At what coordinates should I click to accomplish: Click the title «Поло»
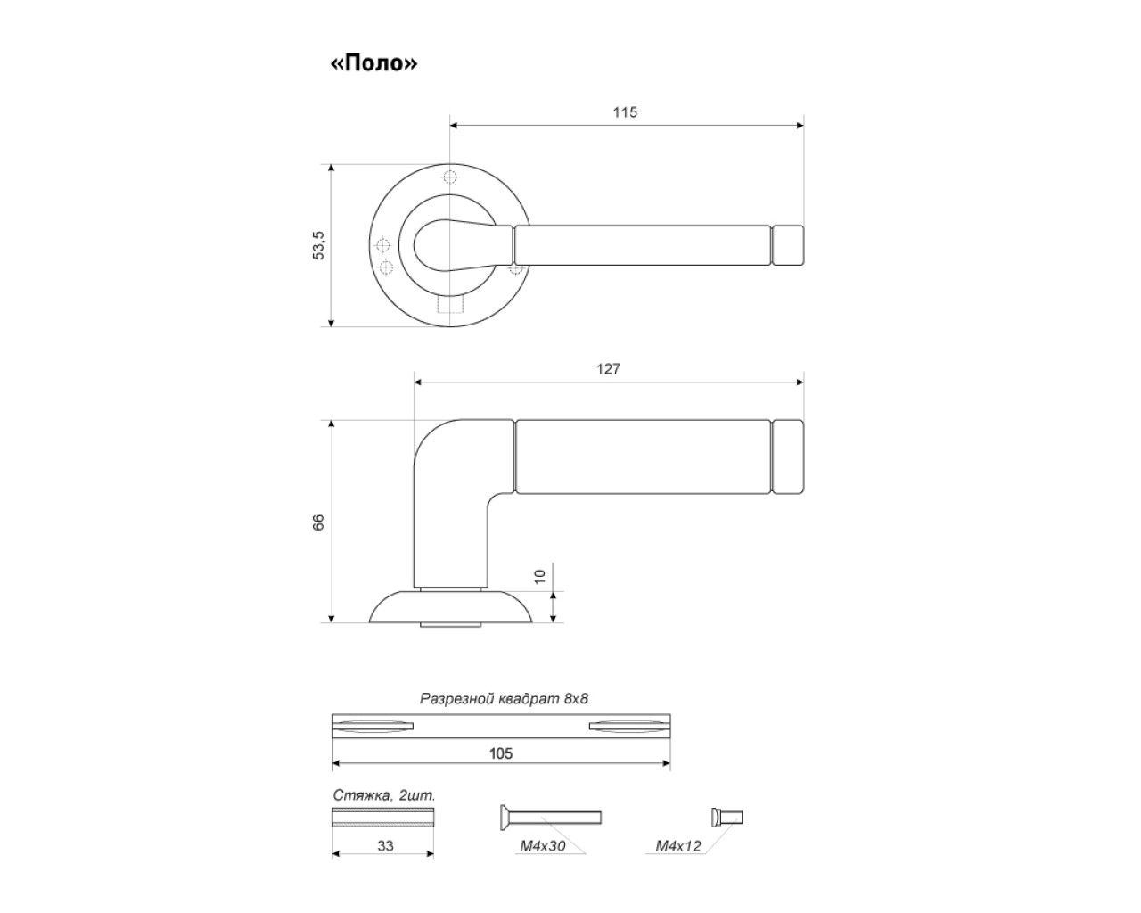click(373, 64)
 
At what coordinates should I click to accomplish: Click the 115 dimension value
click(625, 112)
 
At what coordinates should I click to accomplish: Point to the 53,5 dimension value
click(318, 245)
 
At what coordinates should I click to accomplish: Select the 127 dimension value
click(608, 369)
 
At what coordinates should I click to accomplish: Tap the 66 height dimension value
click(318, 522)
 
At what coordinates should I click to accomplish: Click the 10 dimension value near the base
click(539, 576)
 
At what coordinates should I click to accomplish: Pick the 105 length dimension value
click(501, 753)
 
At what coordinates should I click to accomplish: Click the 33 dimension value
click(385, 845)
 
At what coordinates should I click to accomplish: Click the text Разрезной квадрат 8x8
click(504, 699)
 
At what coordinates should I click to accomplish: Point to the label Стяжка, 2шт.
click(383, 794)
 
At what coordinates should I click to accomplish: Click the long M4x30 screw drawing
click(549, 817)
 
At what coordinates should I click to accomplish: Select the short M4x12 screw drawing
click(726, 817)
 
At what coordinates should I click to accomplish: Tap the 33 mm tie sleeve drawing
click(383, 818)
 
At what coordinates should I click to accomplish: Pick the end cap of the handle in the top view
click(788, 245)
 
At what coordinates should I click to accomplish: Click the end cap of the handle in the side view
click(788, 456)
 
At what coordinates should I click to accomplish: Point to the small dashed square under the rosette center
click(451, 306)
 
